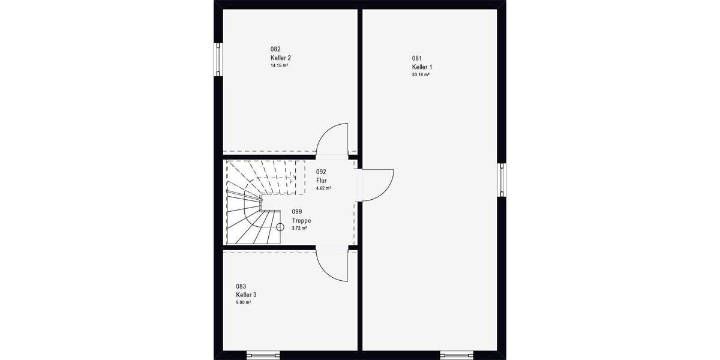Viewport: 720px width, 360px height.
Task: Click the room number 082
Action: (275, 49)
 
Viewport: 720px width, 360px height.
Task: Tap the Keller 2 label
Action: (280, 58)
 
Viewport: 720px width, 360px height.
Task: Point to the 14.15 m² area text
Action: (279, 65)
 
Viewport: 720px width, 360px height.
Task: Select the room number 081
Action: (417, 58)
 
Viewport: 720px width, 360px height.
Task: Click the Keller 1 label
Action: (422, 67)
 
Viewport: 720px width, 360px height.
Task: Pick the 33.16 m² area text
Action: (421, 75)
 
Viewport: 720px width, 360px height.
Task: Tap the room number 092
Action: (321, 172)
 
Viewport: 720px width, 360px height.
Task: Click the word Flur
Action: (321, 180)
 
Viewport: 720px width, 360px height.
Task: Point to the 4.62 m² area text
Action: (324, 188)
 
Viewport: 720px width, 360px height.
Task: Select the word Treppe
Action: (301, 220)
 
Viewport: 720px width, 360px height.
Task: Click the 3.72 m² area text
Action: (299, 228)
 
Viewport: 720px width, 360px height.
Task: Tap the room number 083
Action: (241, 287)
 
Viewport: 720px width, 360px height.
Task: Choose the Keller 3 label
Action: (246, 295)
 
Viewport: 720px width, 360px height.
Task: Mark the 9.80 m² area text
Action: (243, 303)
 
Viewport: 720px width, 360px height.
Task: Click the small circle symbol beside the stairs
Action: (280, 227)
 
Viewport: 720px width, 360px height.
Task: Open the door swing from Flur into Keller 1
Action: (377, 183)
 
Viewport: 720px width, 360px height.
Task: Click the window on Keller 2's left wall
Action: (218, 59)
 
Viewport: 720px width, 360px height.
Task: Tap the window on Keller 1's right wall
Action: (501, 180)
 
